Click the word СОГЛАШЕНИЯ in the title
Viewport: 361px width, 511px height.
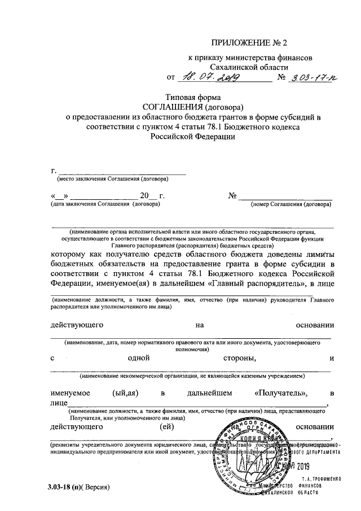[170, 107]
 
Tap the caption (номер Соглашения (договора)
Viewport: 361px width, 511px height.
[290, 204]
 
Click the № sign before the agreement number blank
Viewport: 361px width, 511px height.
[233, 196]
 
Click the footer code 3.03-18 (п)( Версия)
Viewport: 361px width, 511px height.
[78, 487]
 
